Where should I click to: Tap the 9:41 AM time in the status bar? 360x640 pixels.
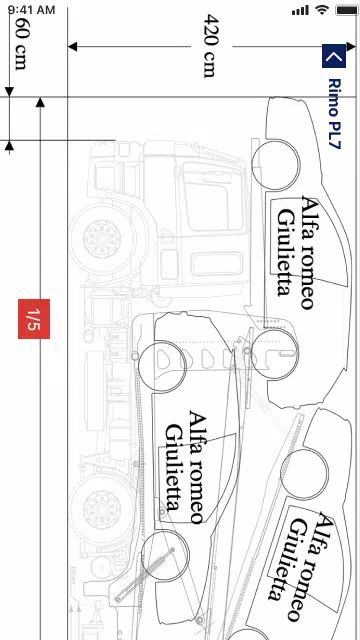pyautogui.click(x=29, y=9)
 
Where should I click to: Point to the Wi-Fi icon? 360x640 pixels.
pyautogui.click(x=321, y=9)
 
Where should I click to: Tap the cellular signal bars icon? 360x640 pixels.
pyautogui.click(x=300, y=9)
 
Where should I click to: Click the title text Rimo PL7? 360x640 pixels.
pyautogui.click(x=334, y=114)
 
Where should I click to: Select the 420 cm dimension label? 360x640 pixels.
pyautogui.click(x=210, y=45)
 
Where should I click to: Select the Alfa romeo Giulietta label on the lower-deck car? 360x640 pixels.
pyautogui.click(x=185, y=466)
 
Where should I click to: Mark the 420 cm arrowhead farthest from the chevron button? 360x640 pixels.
pyautogui.click(x=72, y=46)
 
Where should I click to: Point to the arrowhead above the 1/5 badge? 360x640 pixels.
pyautogui.click(x=39, y=102)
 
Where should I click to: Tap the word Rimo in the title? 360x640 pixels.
pyautogui.click(x=334, y=95)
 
